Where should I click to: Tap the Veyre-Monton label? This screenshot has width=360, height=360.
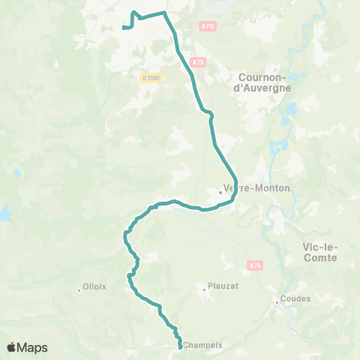click(257, 188)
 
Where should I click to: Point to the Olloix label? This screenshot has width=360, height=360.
click(95, 286)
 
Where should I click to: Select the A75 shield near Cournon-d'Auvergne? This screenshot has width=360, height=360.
click(197, 62)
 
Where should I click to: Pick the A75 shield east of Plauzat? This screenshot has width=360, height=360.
click(255, 265)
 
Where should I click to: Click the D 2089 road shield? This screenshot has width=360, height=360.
click(149, 77)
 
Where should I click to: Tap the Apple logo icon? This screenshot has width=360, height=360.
click(12, 346)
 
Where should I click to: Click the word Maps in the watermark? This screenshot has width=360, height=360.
click(34, 347)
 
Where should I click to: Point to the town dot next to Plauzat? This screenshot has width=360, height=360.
click(204, 286)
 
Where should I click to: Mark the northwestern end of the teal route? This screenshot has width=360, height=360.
click(123, 28)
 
